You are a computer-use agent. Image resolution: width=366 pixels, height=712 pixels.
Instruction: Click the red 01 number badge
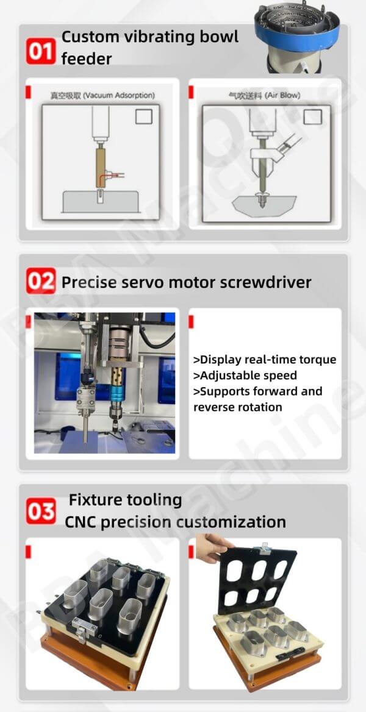(41, 51)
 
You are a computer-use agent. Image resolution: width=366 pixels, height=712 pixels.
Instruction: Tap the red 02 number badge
(41, 281)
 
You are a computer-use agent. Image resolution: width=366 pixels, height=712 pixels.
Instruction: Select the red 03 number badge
(41, 511)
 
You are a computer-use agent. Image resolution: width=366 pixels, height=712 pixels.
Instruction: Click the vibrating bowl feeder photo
(297, 37)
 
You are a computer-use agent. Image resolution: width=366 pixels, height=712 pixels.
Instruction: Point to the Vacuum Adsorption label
(102, 95)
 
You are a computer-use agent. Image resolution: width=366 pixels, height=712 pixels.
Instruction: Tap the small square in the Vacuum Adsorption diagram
(143, 116)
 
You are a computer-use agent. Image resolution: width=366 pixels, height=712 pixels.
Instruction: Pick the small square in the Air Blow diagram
(312, 116)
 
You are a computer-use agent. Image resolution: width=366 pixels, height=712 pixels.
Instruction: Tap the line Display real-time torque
(265, 360)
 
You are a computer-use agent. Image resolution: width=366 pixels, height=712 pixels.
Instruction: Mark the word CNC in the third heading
(81, 522)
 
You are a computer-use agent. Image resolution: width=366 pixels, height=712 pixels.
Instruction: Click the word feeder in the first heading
(87, 59)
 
